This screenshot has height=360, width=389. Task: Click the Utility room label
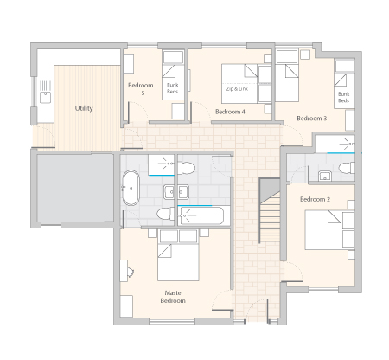pos(84,108)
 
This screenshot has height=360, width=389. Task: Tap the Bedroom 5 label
pos(141,89)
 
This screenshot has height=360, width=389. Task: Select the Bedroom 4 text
pos(230,112)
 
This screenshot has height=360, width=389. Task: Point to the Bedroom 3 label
pos(312,119)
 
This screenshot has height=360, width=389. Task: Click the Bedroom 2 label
pos(315,199)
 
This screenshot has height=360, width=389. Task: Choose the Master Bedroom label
pos(173,297)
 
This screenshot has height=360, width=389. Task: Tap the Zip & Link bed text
pos(237,89)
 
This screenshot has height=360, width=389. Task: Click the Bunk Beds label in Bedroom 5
pos(173,88)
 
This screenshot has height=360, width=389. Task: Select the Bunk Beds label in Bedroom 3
pos(343,98)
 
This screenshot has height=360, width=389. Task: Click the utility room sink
pos(45,97)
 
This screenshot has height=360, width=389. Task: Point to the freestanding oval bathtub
pos(131,188)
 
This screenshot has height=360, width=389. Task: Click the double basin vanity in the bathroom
pos(176,192)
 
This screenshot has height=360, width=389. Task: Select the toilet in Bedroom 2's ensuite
pos(347,168)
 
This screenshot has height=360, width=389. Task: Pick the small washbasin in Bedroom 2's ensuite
pos(325,176)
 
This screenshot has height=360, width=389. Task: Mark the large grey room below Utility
pos(75,188)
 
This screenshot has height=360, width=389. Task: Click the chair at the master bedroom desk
pos(131,272)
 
